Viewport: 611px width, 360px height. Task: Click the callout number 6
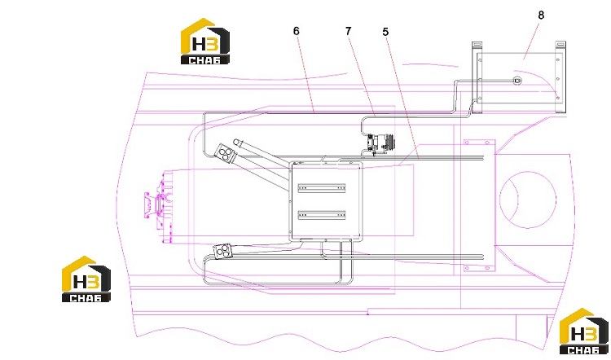(297, 31)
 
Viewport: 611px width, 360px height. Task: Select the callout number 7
(349, 31)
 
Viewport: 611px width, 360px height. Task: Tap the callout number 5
(385, 32)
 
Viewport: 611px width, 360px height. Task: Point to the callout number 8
(541, 15)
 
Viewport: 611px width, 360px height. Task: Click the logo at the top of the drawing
(205, 42)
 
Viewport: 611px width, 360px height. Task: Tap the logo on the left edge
(86, 279)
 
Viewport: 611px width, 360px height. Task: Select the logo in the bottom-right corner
(584, 331)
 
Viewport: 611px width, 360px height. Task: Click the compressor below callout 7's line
(379, 143)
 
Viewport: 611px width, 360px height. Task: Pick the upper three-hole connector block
(224, 153)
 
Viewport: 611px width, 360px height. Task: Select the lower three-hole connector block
(222, 251)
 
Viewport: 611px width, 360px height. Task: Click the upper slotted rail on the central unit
(322, 188)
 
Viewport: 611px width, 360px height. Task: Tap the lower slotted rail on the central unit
(322, 215)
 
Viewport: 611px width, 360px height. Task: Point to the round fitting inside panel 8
(517, 81)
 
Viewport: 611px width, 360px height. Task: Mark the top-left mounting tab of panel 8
(477, 46)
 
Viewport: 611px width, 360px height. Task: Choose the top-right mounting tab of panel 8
(560, 46)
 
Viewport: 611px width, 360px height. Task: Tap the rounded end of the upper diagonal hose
(237, 142)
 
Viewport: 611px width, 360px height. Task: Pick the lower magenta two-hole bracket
(479, 268)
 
